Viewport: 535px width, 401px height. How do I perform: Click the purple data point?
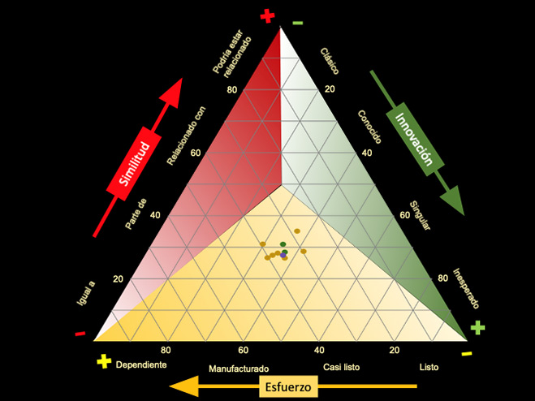point(283,255)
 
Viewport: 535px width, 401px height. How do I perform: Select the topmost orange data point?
point(297,231)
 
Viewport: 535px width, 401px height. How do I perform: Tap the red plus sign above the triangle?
point(268,16)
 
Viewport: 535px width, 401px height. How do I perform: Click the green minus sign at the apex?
point(297,23)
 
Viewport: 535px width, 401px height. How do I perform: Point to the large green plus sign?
point(477,327)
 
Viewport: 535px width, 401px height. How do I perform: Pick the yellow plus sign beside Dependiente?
point(104,361)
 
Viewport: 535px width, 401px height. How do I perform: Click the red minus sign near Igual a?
point(80,334)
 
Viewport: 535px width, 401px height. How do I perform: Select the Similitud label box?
point(134,163)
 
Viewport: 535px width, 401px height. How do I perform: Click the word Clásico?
point(330,61)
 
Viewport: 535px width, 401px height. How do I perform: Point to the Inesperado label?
point(466,288)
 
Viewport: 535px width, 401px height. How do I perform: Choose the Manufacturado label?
point(239,369)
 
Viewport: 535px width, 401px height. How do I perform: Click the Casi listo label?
point(341,367)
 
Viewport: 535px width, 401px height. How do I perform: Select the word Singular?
point(420,216)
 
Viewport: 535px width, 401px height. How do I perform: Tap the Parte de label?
point(136,213)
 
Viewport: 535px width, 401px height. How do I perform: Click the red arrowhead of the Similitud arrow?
point(172,93)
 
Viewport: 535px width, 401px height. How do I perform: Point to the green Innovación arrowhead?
point(453,200)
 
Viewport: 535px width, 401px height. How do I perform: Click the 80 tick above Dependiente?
point(166,350)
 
